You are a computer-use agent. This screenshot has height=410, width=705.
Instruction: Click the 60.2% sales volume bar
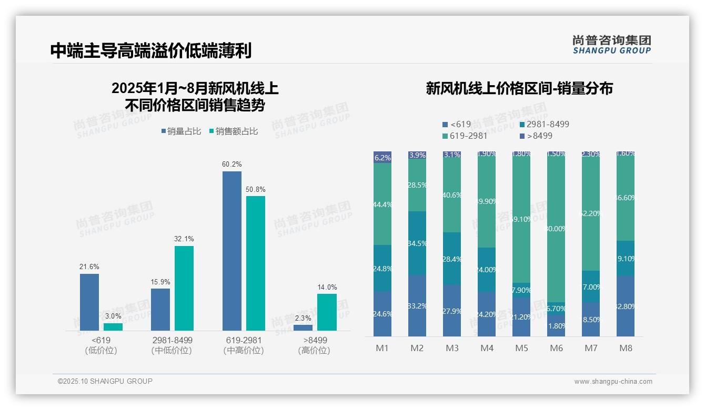(x=231, y=251)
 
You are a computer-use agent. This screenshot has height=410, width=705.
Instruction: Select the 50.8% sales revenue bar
(x=256, y=263)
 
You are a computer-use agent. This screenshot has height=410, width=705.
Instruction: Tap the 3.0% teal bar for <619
(x=113, y=327)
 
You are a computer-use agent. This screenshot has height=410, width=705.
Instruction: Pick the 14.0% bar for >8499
(x=327, y=312)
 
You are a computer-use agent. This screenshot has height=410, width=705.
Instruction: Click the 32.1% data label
(x=184, y=239)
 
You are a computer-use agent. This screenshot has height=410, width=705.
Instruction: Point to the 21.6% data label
(x=89, y=266)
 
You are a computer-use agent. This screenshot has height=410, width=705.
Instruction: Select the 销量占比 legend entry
(x=181, y=131)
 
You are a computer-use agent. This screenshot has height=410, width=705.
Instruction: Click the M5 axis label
(x=521, y=348)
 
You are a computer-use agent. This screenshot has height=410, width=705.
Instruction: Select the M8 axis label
(x=626, y=348)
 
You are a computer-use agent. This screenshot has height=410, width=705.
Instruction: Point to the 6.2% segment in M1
(x=382, y=157)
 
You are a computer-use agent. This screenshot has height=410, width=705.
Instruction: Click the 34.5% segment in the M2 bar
(x=417, y=243)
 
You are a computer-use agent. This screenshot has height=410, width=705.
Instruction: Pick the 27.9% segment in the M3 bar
(x=452, y=311)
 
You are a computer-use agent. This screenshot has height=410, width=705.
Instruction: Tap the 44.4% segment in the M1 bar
(x=382, y=204)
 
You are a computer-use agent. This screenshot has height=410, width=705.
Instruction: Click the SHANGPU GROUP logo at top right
(x=611, y=45)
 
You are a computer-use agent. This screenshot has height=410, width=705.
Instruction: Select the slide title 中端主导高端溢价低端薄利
(x=151, y=50)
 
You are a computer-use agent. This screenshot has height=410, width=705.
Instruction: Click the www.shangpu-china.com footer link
(x=613, y=382)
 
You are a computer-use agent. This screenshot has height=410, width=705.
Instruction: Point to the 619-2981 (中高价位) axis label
(x=244, y=345)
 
